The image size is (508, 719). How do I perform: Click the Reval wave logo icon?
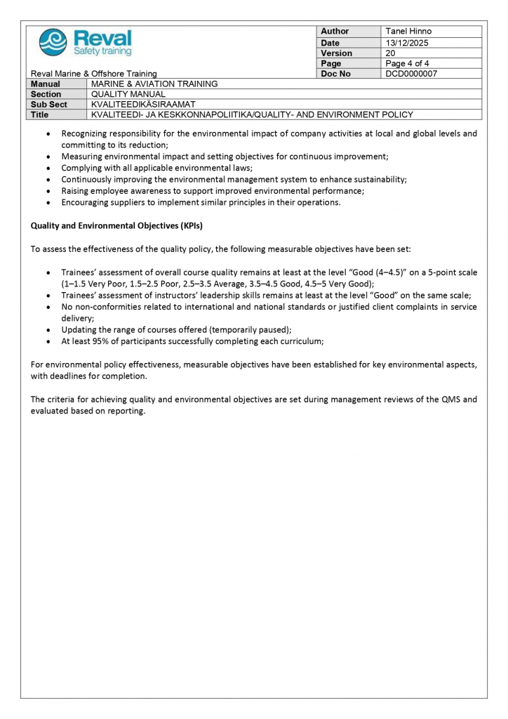53,42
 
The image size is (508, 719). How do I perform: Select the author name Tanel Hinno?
408,32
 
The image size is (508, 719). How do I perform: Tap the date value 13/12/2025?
407,43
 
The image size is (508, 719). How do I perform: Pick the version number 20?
391,53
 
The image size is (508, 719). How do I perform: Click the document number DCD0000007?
411,74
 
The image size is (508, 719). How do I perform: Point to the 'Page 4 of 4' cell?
408,64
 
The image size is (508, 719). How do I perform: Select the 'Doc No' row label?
335,74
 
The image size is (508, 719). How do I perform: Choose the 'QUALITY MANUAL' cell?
128,94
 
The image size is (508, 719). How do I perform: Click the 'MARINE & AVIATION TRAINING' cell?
154,84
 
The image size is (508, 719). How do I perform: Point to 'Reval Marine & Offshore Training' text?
93,74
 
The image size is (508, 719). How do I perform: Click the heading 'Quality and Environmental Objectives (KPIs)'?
116,226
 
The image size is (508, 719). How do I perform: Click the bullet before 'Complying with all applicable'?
47,169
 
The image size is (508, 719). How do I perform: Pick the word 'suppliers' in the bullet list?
123,202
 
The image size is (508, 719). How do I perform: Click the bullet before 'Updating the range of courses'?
47,330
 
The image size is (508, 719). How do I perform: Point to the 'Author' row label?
335,32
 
